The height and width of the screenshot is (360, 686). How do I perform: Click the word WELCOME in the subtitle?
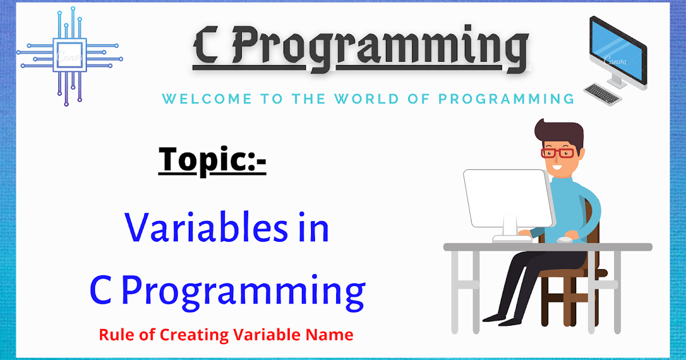(x=207, y=99)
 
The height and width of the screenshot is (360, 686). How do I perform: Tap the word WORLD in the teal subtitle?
(x=366, y=99)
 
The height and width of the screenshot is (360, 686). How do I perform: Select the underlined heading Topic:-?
(x=212, y=161)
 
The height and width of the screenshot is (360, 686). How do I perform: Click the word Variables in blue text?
(x=206, y=227)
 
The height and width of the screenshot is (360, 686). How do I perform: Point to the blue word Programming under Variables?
(x=244, y=292)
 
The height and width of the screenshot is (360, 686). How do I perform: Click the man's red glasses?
(x=557, y=153)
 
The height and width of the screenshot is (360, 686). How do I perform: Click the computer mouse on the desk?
(x=564, y=240)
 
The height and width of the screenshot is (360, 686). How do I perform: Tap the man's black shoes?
(x=502, y=319)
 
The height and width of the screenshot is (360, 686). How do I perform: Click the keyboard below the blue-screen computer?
(x=603, y=94)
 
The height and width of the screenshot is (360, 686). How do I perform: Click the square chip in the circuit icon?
(x=70, y=55)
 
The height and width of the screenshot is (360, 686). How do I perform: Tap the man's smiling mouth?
(x=557, y=167)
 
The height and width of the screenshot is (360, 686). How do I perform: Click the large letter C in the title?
(x=206, y=46)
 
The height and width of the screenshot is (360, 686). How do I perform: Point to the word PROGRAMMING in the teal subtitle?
(x=506, y=99)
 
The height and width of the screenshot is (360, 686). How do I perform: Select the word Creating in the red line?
(x=194, y=335)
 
